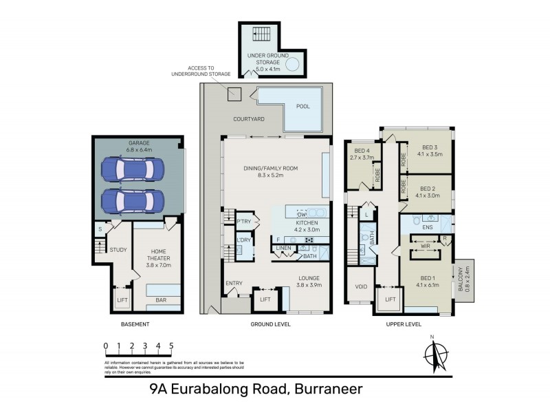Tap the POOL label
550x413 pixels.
click(x=302, y=107)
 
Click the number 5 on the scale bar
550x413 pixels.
click(x=171, y=346)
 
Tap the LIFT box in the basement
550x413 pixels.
click(x=122, y=300)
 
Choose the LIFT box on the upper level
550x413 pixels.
click(x=389, y=299)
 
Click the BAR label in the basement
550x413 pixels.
click(x=161, y=300)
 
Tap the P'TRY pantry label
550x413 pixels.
click(x=243, y=221)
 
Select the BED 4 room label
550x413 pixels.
click(x=363, y=153)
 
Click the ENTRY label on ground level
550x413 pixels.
click(x=234, y=284)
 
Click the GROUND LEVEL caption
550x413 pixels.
click(x=270, y=324)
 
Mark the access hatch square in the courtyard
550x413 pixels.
click(x=235, y=95)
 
